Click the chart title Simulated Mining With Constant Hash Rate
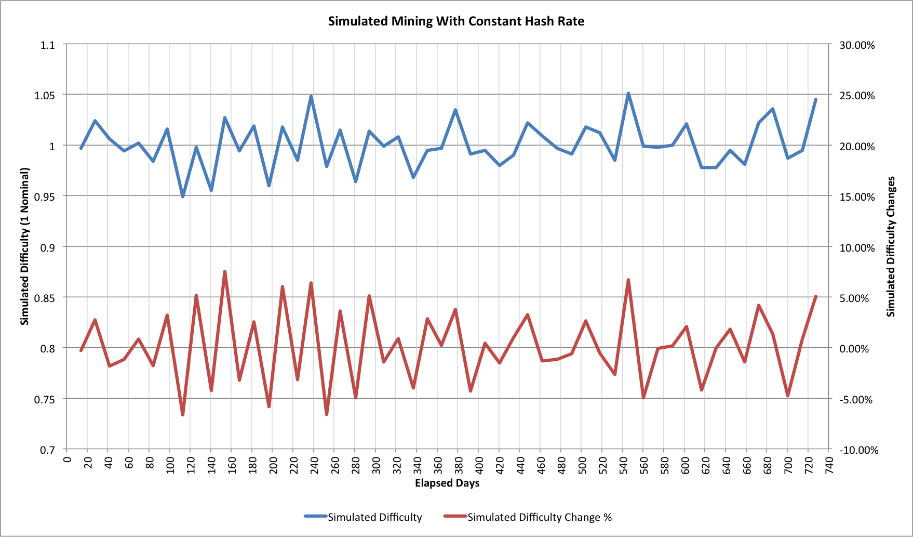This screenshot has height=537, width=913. click(456, 21)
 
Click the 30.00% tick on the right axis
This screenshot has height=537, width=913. click(857, 45)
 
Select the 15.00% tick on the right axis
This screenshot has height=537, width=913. click(857, 197)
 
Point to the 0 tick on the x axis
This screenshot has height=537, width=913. click(67, 460)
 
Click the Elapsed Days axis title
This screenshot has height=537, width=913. click(447, 483)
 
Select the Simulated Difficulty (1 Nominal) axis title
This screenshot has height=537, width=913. click(25, 246)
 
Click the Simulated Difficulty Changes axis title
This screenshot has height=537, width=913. click(891, 246)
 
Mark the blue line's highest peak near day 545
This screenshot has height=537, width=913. click(628, 94)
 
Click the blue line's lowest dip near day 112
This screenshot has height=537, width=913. click(183, 196)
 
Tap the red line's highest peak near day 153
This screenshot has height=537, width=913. click(225, 272)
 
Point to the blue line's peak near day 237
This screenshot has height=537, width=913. click(311, 97)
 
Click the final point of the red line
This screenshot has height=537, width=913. click(815, 297)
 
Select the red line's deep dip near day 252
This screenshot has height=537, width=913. click(327, 414)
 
